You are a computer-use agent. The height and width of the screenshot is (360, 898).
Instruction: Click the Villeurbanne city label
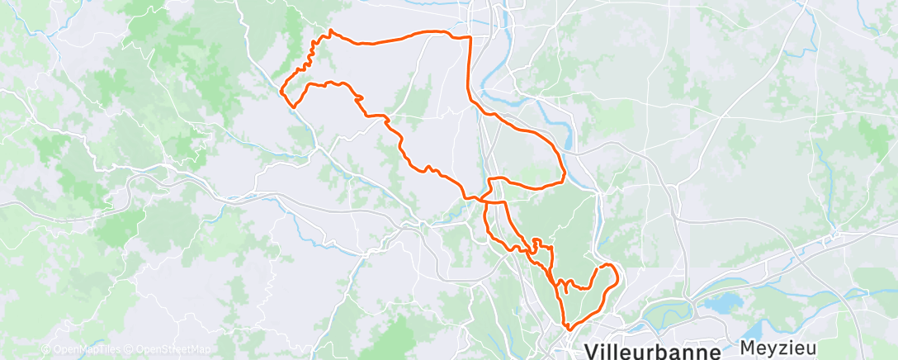click(652, 351)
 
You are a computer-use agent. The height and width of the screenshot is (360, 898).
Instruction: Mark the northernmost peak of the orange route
click(331, 31)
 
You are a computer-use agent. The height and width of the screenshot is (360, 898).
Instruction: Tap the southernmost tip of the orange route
click(569, 330)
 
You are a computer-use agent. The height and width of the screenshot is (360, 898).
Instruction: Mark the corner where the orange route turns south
click(470, 37)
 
